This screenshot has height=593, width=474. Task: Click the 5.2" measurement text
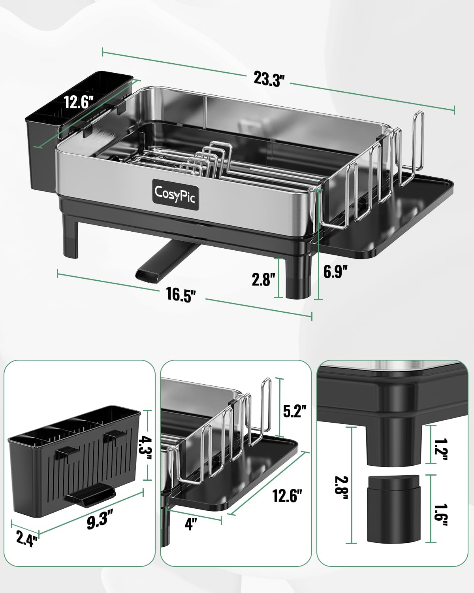[295, 411]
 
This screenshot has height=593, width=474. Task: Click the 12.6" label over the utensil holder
[79, 103]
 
